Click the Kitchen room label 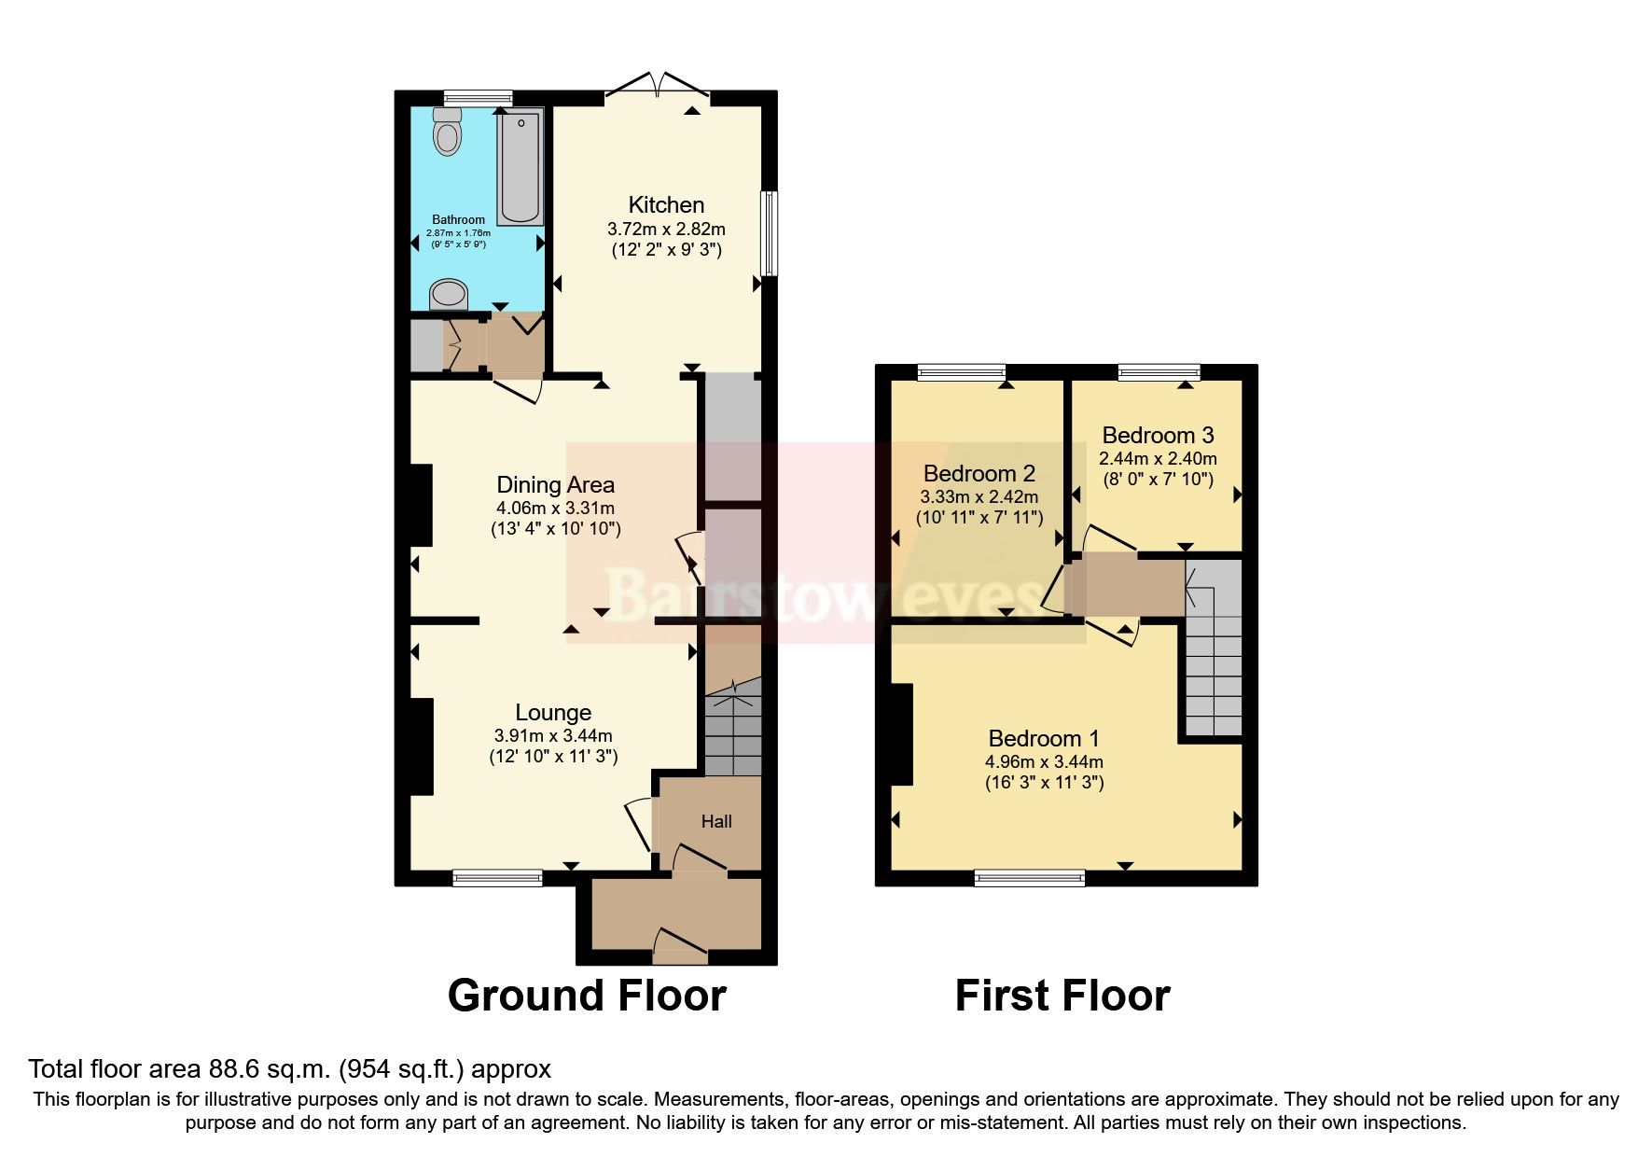click(665, 204)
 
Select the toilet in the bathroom click(448, 132)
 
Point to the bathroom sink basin click(449, 295)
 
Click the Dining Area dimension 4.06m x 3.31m click(555, 509)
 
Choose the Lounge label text click(553, 713)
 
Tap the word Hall click(716, 822)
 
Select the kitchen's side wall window click(769, 233)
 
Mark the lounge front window click(497, 877)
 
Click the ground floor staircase click(733, 732)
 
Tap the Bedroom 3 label click(1158, 435)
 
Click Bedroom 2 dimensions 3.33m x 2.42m click(979, 497)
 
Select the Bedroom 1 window click(1030, 877)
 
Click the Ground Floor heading click(587, 996)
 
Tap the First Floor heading click(1062, 996)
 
